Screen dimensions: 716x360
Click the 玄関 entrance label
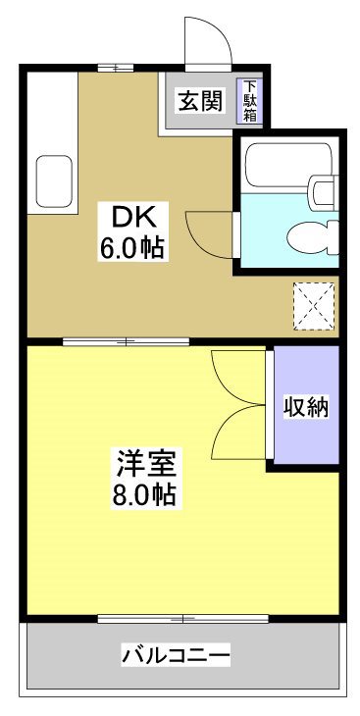(x=199, y=100)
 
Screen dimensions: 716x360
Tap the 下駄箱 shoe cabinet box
(x=250, y=101)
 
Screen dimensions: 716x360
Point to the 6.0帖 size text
(x=130, y=247)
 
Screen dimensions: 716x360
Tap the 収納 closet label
(x=305, y=407)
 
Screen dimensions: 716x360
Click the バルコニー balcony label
(x=177, y=654)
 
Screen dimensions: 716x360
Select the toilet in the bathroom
(x=311, y=235)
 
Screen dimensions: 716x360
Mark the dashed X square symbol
(x=314, y=306)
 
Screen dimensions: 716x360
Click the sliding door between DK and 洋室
(x=128, y=341)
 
